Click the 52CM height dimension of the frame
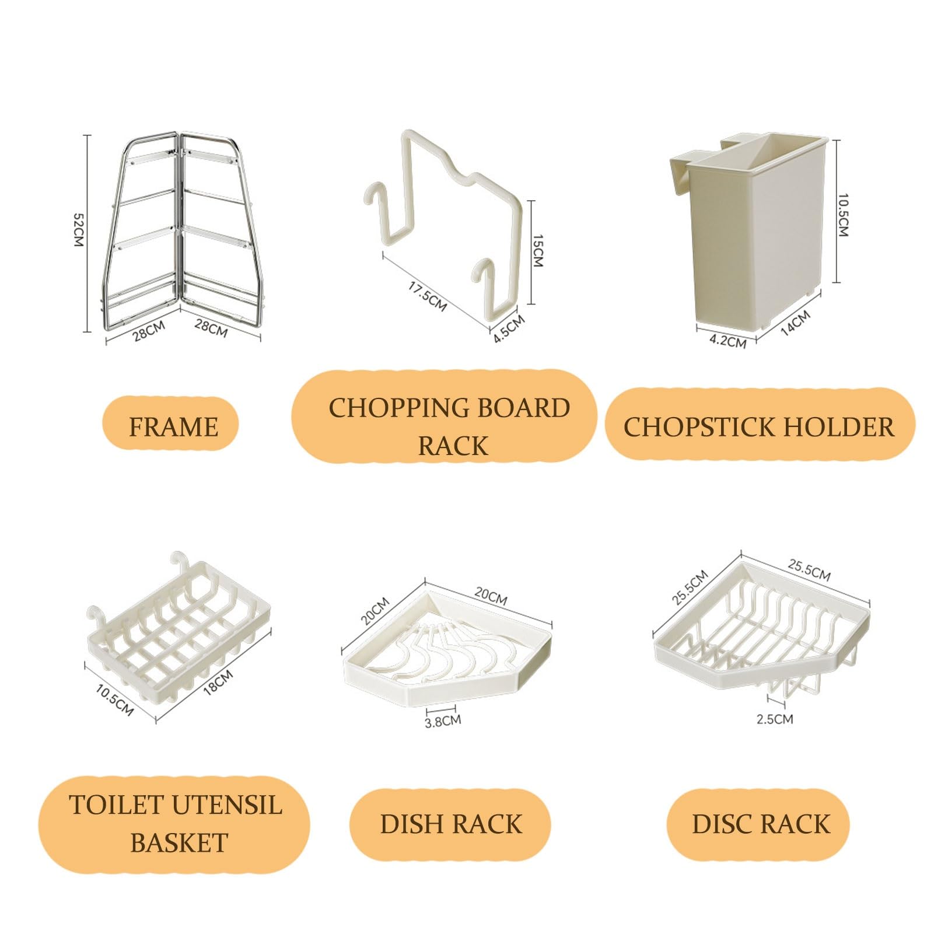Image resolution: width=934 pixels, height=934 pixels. point(78,230)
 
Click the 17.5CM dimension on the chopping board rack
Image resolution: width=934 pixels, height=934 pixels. point(427,296)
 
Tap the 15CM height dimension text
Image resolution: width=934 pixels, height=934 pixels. point(538,251)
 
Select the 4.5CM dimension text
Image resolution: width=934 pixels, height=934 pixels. point(509,328)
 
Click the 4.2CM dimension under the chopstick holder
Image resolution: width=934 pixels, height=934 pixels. point(727,341)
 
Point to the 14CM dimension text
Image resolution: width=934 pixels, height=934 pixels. point(795,322)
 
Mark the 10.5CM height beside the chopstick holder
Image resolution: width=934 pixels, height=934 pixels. point(843,215)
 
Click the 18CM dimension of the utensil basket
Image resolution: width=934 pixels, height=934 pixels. point(219,682)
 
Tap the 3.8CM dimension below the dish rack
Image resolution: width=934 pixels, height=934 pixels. point(443,721)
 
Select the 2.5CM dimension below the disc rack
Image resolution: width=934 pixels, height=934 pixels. point(775,719)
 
